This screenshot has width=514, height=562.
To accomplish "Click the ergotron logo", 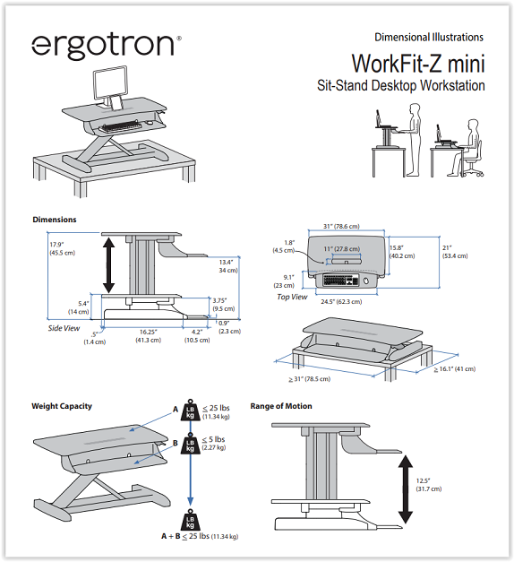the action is click(x=107, y=46).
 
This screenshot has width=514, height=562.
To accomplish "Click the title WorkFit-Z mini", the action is click(x=418, y=64).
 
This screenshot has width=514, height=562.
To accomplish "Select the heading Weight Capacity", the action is click(x=62, y=406).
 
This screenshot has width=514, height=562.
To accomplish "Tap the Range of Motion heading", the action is click(x=281, y=406).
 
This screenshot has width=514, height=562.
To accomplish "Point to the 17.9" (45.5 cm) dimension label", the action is click(x=63, y=249).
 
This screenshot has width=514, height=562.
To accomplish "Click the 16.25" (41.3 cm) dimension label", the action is click(x=148, y=336).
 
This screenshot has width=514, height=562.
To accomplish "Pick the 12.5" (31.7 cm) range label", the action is click(x=429, y=485).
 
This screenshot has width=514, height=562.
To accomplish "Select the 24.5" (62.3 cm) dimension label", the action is click(x=341, y=302).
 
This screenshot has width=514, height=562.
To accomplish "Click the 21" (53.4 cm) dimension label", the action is click(x=455, y=252).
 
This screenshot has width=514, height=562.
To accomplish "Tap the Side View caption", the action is click(x=64, y=328).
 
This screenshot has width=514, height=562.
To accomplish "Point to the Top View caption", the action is click(x=292, y=297).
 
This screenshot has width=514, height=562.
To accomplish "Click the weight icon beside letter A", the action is click(x=190, y=410).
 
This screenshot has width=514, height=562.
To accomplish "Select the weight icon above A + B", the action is click(x=190, y=520).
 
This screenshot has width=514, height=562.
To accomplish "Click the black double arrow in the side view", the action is click(x=108, y=265).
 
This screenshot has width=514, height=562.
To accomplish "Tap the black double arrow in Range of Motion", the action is click(x=406, y=489).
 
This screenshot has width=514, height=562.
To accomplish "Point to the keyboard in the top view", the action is click(x=340, y=280).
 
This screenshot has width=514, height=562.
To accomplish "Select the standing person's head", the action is click(x=415, y=108).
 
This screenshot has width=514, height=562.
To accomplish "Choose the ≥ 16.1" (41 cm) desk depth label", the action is click(x=455, y=368).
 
